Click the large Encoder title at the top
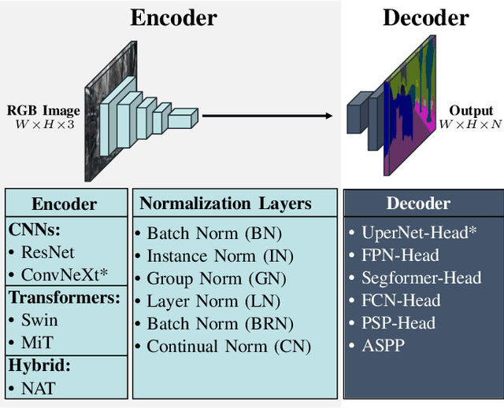click(173, 17)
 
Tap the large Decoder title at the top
click(425, 17)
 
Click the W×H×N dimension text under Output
click(470, 124)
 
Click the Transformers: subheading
click(65, 298)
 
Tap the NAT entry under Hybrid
click(37, 387)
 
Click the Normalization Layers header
click(225, 204)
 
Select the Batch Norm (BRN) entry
click(220, 323)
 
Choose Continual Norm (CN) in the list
click(228, 346)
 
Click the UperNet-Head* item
click(419, 232)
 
